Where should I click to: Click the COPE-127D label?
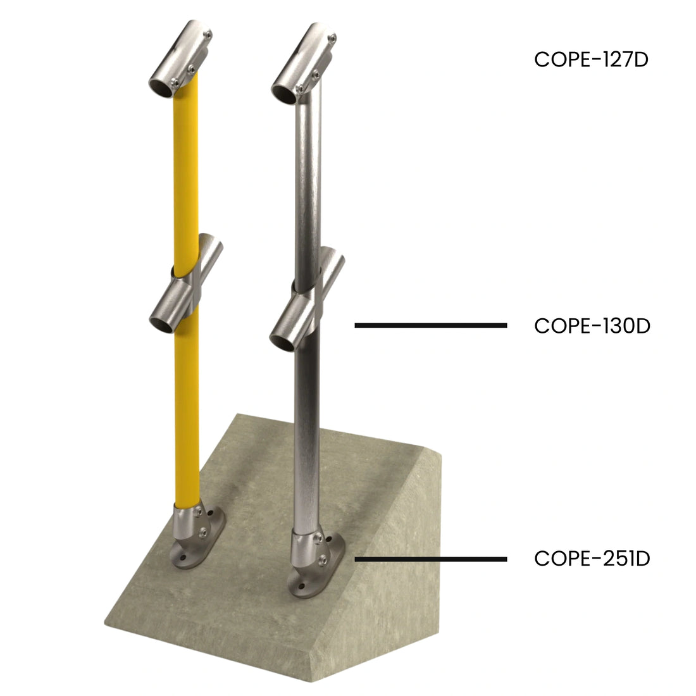592,59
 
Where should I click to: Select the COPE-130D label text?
592,326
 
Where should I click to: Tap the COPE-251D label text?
592,559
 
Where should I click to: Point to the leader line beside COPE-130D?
430,325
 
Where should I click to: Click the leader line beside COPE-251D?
430,559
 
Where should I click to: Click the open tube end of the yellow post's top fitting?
161,86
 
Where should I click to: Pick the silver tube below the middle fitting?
309,430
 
